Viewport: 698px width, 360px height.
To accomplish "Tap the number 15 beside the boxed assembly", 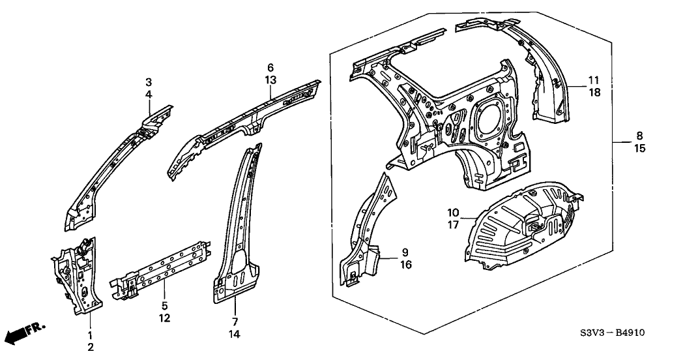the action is (x=640, y=148).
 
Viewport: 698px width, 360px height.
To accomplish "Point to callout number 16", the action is (x=405, y=265).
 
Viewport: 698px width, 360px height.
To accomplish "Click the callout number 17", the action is (x=453, y=225).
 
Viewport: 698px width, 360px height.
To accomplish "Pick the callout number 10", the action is (x=453, y=213).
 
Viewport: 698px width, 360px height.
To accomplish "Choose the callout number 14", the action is (x=235, y=334).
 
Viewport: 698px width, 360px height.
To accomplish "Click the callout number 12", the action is (x=164, y=318).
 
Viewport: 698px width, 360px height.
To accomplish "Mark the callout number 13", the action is (x=270, y=80).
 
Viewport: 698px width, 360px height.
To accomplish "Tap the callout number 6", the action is (x=270, y=68).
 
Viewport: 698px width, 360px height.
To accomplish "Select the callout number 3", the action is (x=149, y=82).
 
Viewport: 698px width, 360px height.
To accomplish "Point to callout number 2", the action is (x=91, y=347).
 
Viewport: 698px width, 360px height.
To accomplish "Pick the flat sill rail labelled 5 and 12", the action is (x=161, y=270).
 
